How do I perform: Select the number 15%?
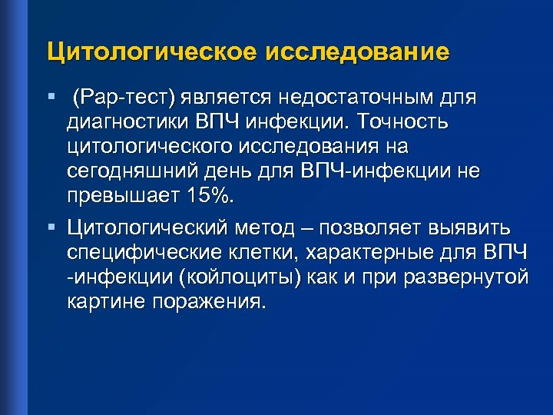click(x=208, y=195)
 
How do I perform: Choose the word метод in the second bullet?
click(x=275, y=227)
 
